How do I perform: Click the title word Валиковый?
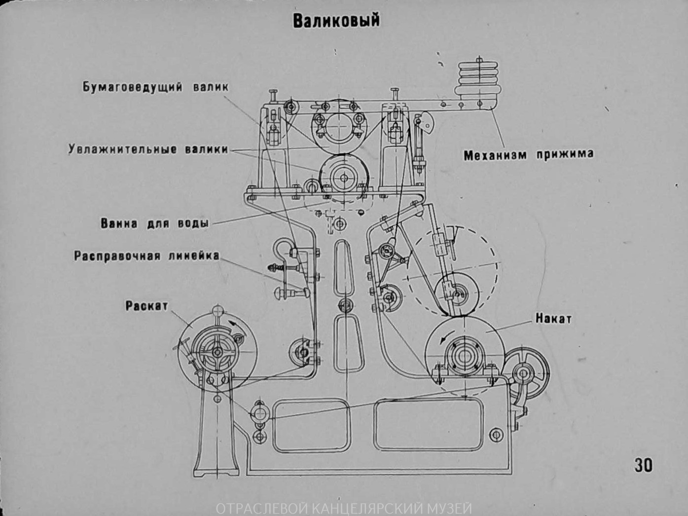point(336,21)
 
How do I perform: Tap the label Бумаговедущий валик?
point(155,87)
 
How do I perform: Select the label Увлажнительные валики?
point(148,149)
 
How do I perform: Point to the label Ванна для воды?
point(155,223)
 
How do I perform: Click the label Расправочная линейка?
point(146,256)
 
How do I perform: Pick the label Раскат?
point(146,306)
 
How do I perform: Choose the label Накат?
point(553,319)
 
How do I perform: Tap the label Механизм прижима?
point(528,155)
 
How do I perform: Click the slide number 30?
point(643,465)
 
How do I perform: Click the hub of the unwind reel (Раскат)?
point(217,352)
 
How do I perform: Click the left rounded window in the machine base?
point(311,426)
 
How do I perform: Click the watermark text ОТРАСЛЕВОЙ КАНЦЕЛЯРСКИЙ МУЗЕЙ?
point(344,508)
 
